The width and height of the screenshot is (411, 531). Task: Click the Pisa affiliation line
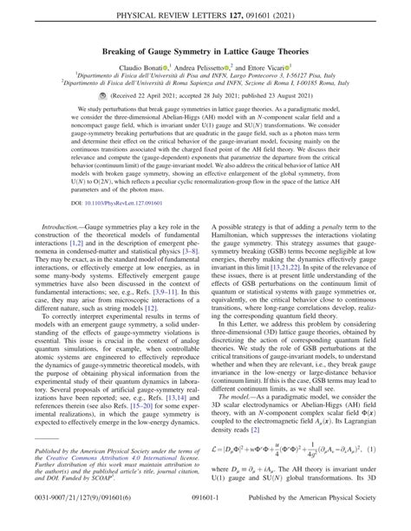click(x=205, y=100)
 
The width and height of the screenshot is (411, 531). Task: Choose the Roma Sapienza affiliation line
click(x=205, y=109)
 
